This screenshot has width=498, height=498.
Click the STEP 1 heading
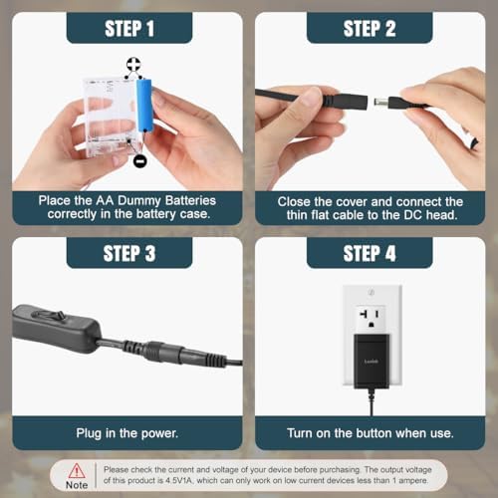[x=129, y=29]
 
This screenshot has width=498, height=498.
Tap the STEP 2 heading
[x=370, y=29]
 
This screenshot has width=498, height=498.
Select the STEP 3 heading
[x=129, y=254]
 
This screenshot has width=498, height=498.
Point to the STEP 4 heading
[x=370, y=254]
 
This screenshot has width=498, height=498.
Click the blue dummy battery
[x=144, y=106]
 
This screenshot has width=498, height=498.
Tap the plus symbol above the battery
[x=133, y=65]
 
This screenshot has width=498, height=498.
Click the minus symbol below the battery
[x=139, y=161]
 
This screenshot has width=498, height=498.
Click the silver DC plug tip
[x=381, y=102]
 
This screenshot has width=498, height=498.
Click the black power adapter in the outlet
[x=372, y=362]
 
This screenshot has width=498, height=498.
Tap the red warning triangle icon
[x=77, y=471]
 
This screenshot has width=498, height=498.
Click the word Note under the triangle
[x=77, y=485]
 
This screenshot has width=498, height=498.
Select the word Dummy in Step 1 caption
[x=139, y=201]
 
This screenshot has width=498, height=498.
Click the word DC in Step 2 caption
[x=413, y=215]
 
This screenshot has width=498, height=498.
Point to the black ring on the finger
[x=474, y=143]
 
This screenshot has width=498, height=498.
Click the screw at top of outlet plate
[x=372, y=292]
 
